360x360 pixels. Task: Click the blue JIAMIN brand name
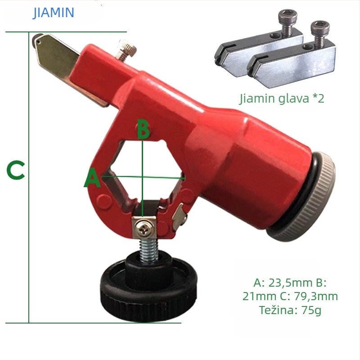pos(53,13)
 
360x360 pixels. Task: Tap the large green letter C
pos(16,171)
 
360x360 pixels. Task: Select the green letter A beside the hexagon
pos(92,177)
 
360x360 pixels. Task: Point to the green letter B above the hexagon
pos(143,130)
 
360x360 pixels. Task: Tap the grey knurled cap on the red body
pos(308,198)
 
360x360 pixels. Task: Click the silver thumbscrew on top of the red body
pos(126,49)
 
